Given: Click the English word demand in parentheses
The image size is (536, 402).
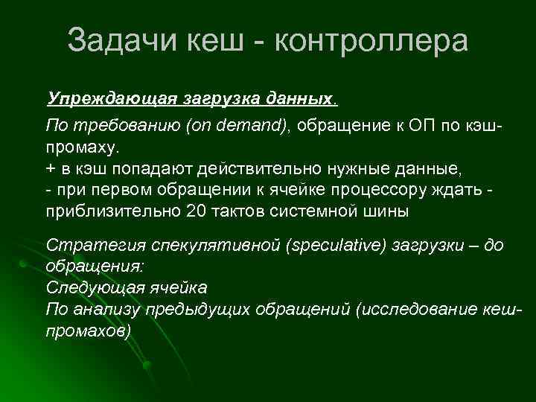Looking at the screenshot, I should click(x=258, y=125).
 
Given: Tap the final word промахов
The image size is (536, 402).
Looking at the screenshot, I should click(x=88, y=328).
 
